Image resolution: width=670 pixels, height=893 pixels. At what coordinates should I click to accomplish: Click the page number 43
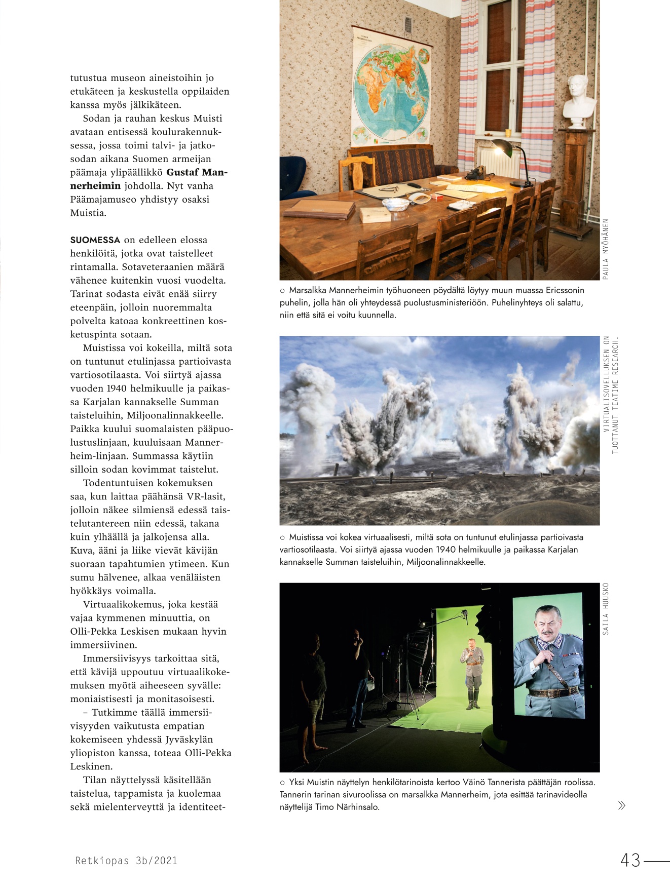coord(630,860)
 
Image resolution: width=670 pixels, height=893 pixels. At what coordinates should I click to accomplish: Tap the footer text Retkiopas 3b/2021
coord(126,861)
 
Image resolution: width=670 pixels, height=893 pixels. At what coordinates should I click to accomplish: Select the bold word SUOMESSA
coord(95,240)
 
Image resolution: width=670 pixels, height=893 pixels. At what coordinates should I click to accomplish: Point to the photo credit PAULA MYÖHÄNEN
coord(606,249)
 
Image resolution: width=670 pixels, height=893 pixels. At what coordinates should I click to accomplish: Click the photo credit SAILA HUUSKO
coord(606,609)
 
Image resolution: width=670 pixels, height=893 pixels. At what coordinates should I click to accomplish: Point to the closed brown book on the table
coord(319,208)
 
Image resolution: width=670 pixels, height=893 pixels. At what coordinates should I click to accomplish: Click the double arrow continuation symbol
coord(622,805)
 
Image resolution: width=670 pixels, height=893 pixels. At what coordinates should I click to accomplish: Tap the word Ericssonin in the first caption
coord(565,290)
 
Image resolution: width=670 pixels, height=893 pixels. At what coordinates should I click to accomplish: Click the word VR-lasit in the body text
coord(206,496)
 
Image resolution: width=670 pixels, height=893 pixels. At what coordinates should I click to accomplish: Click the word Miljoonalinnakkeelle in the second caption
coord(445,562)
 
